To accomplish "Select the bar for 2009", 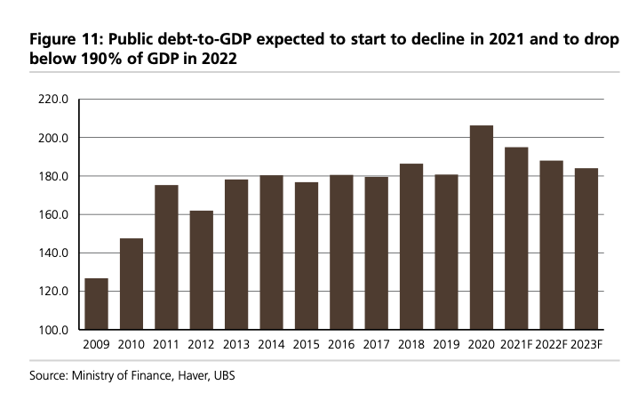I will (x=97, y=304).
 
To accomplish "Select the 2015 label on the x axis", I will (x=307, y=345).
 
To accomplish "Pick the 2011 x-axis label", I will (x=166, y=345).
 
